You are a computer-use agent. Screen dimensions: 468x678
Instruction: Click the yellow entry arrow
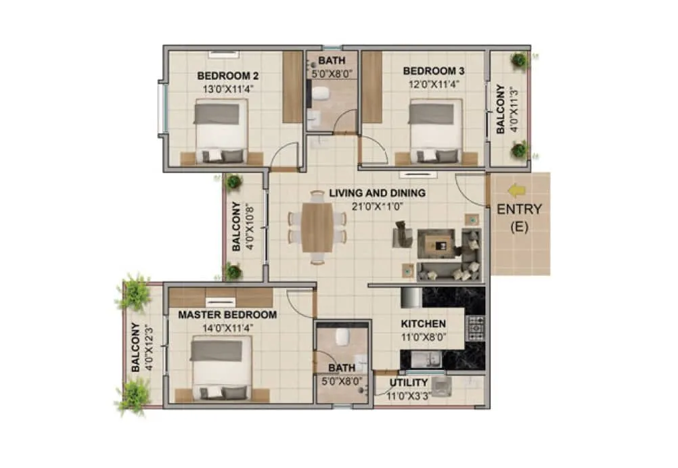[x=518, y=191]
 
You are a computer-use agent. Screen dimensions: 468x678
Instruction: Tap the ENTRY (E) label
[x=519, y=218]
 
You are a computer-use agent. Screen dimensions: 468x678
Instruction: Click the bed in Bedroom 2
[x=221, y=131]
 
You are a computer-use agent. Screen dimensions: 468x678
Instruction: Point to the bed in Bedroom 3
[x=435, y=131]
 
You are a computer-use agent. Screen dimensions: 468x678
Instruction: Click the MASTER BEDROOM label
[x=227, y=314]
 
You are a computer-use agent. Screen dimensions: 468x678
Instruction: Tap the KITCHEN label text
[x=423, y=323]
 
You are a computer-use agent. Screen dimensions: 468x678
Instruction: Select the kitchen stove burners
[x=476, y=328]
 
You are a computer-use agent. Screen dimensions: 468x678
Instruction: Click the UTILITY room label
[x=409, y=383]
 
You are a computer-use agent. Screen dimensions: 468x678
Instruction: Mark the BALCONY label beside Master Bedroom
[x=136, y=348]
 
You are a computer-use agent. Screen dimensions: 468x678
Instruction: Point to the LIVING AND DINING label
[x=377, y=193]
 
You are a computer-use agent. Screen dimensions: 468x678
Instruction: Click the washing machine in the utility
[x=443, y=385]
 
